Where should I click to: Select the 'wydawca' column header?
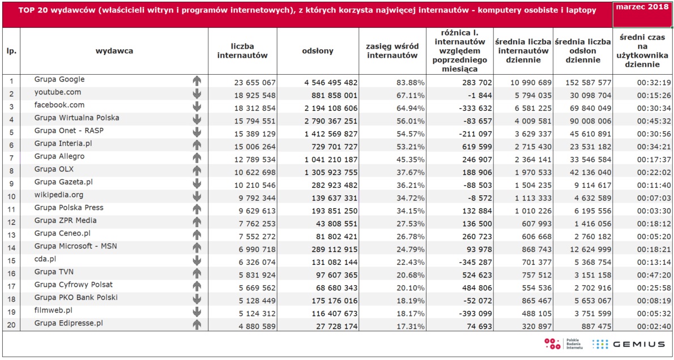pos(114,51)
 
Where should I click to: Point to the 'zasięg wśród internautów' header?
pos(393,51)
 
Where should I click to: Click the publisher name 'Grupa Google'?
pos(59,79)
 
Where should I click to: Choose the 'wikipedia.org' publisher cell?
pos(59,195)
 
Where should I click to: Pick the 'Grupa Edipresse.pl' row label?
pos(69,323)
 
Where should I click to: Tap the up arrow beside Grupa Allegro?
pos(197,158)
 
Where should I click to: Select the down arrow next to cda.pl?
pos(197,260)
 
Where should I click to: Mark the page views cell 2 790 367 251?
pos(331,121)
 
